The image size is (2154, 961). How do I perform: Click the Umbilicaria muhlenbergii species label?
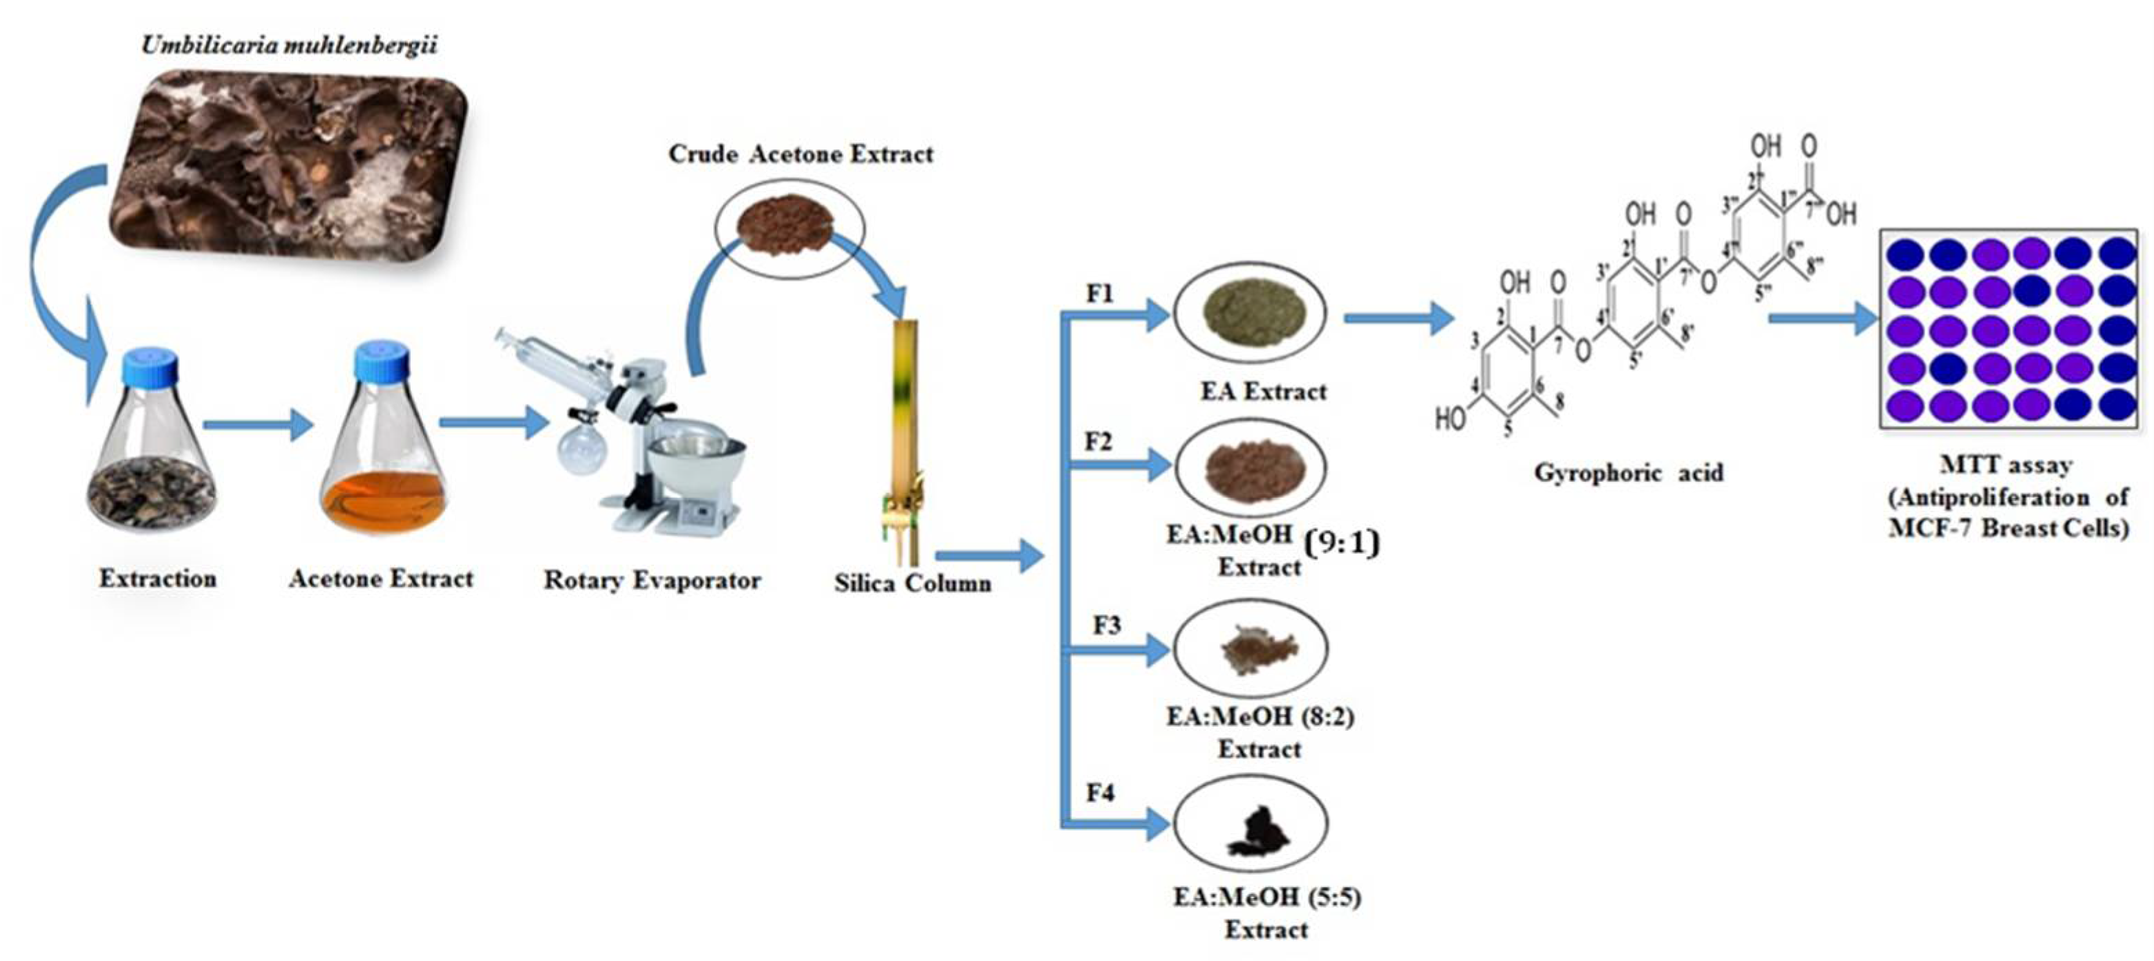pyautogui.click(x=290, y=45)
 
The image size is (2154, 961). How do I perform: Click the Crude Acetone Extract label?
pyautogui.click(x=800, y=155)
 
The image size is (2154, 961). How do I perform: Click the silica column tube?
pyautogui.click(x=906, y=418)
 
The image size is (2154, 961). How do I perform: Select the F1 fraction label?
pyautogui.click(x=1101, y=295)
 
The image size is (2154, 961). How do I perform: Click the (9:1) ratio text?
pyautogui.click(x=1341, y=543)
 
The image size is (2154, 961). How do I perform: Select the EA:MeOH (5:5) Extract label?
pyautogui.click(x=1266, y=913)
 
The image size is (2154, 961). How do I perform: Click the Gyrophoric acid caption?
pyautogui.click(x=1628, y=474)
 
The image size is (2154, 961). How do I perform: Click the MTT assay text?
pyautogui.click(x=2006, y=466)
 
